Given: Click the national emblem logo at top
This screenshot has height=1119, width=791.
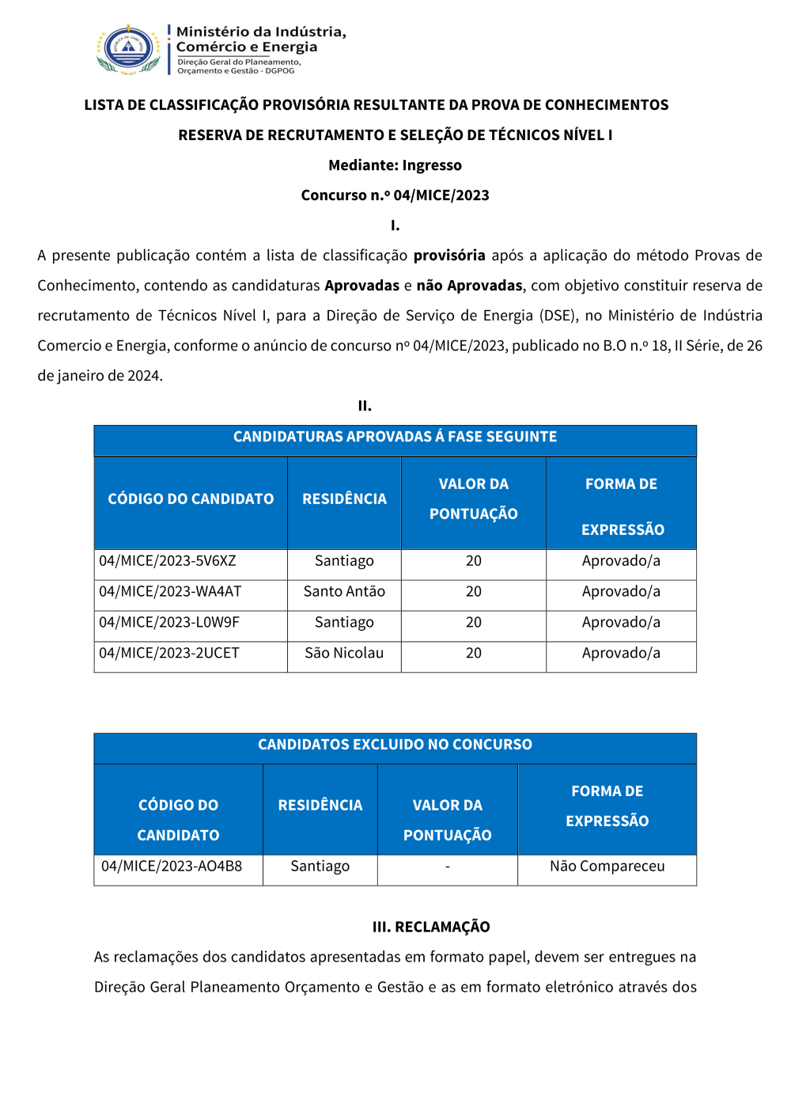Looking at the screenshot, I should pos(128,49).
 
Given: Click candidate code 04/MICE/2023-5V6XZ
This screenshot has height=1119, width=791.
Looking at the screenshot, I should pos(168,561).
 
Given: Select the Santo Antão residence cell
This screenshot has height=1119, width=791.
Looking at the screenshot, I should pos(344,592).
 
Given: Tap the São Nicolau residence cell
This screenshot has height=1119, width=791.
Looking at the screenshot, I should pos(344,654).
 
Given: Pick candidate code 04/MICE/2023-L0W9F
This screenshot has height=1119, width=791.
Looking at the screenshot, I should pos(169,623).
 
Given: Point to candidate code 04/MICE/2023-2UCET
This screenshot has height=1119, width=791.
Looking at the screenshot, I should pos(169,654).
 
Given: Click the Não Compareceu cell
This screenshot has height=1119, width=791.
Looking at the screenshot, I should pos(607,867).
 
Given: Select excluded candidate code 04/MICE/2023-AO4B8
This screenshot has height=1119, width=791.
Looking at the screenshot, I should pos(172,867).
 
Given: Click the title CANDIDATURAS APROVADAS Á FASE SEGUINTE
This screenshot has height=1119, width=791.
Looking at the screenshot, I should pos(395,437).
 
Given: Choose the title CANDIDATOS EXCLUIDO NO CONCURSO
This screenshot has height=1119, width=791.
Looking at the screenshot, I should pos(395,745).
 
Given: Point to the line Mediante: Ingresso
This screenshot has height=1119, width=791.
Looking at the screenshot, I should pos(395,165).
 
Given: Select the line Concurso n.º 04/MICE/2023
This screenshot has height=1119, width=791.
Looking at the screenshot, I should pos(395,195).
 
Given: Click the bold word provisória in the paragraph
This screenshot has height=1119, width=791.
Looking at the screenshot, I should pos(449,256).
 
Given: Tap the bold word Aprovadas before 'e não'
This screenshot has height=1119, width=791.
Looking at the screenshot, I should pos(361,286).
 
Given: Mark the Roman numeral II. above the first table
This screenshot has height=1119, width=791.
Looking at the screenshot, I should pos(365,406).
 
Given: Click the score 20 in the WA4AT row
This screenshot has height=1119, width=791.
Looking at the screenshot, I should pos(474,592).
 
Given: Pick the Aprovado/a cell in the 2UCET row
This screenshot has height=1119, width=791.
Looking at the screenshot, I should pos(621,654).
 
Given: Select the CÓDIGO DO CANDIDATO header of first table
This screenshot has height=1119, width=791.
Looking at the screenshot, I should pos(191,499).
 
